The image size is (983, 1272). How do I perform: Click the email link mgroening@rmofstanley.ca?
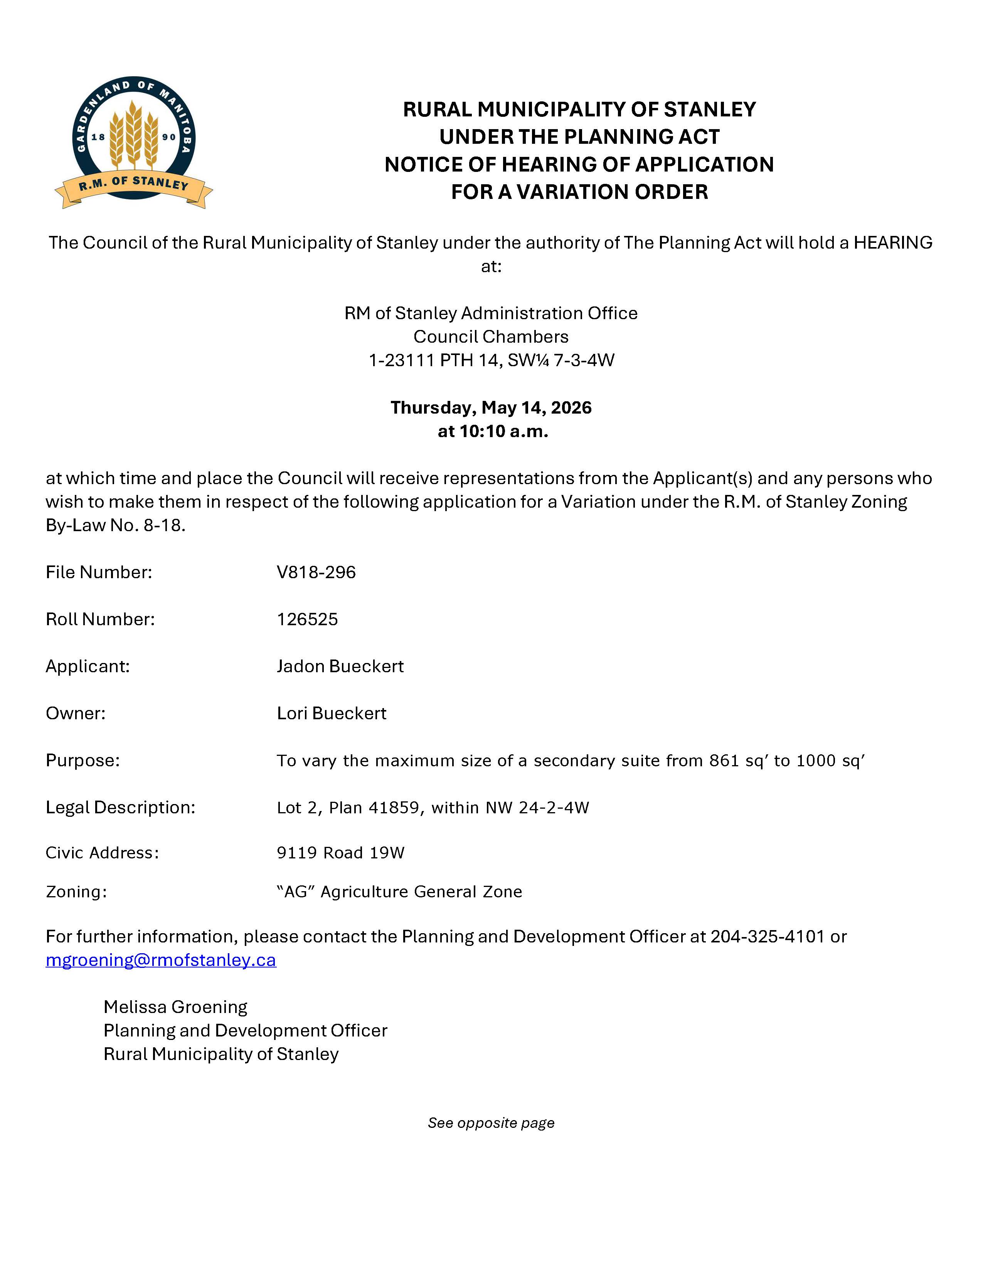pos(161,960)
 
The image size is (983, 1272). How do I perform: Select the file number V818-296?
pos(316,572)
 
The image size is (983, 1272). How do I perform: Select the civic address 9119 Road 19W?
pos(341,853)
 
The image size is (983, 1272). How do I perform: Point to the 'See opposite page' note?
pos(491,1123)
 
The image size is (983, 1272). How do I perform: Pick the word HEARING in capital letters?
pos(893,242)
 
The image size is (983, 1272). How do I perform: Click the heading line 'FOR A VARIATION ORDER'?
pos(579,192)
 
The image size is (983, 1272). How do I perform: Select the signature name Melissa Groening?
pos(175,1007)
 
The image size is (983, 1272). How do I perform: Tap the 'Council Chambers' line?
pos(491,337)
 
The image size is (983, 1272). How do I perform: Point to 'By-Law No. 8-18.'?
pos(115,525)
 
